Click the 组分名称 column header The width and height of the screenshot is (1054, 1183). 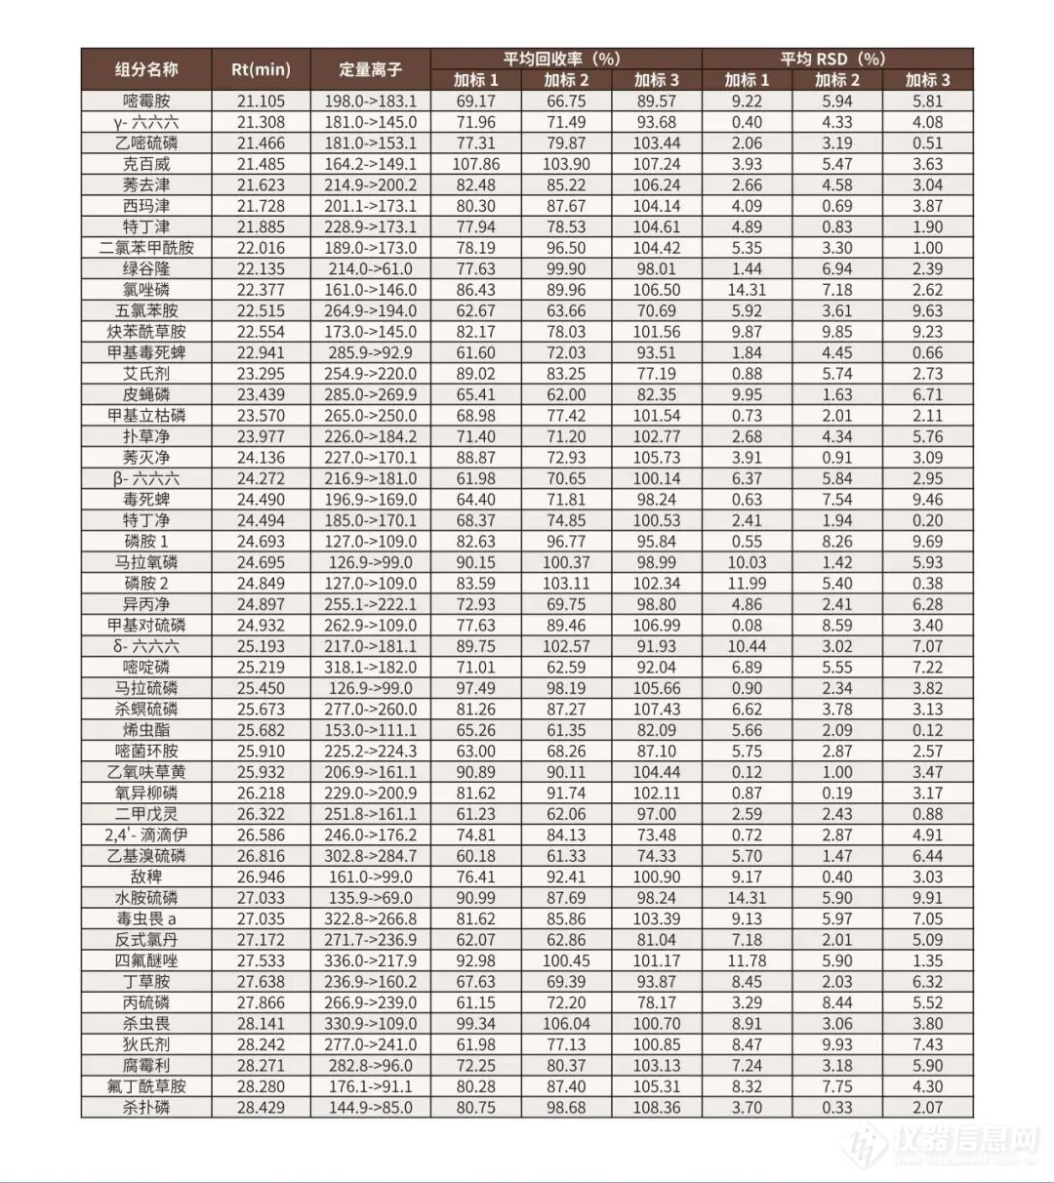coord(146,69)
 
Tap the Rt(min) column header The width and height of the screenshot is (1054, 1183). coord(261,69)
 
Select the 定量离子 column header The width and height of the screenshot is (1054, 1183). coord(370,69)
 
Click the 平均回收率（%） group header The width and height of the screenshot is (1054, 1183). coord(565,59)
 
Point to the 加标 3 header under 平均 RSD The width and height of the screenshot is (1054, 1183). coord(927,80)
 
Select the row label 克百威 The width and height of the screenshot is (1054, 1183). coord(146,164)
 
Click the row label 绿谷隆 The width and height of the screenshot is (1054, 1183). coord(146,268)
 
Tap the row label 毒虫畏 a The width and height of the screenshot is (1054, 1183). coord(146,918)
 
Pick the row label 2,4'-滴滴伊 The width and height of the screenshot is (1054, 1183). coord(146,835)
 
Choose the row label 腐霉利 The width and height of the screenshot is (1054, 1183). coord(146,1065)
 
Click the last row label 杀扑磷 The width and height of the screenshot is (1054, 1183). coord(146,1107)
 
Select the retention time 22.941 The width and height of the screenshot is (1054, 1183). coord(261,352)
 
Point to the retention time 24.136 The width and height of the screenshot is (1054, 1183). coord(261,457)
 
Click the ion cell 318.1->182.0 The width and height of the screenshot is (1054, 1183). coord(370,667)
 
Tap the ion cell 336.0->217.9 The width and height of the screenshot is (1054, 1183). coord(370,960)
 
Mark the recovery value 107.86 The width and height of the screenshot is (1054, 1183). coord(475,164)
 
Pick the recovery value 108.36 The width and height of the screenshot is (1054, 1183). coord(656,1107)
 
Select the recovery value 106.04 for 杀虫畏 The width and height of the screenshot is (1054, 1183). coord(566,1023)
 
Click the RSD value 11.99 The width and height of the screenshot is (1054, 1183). coord(747,583)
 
